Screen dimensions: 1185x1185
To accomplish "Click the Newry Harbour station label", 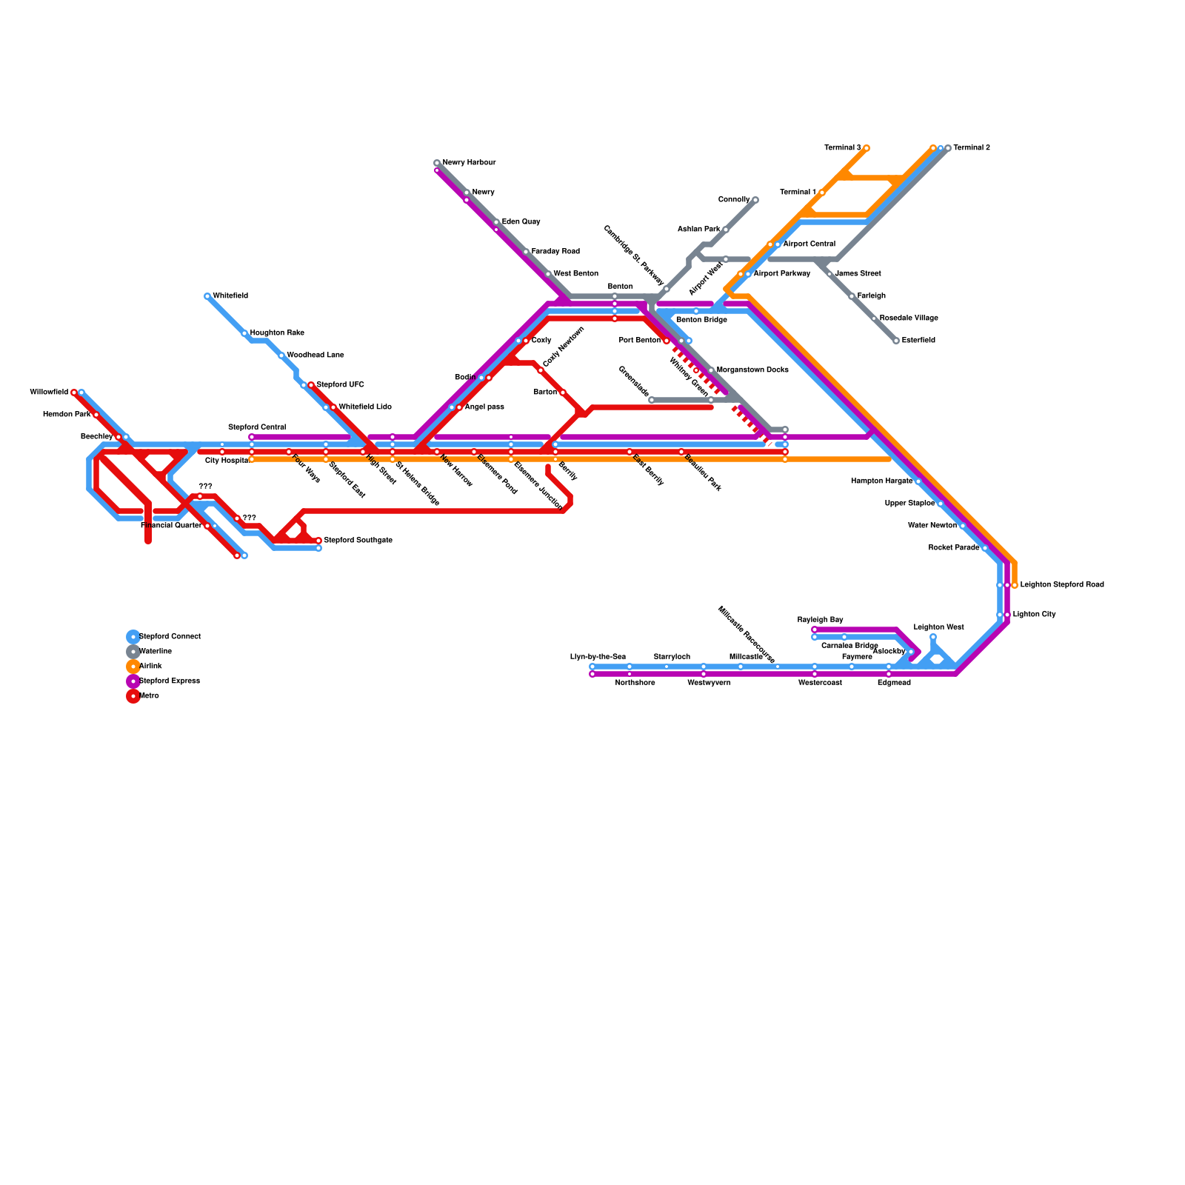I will pos(469,163).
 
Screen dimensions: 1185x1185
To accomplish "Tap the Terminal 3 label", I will pos(842,148).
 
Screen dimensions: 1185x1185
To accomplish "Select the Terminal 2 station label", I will pos(971,148).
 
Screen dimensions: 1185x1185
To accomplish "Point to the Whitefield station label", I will pos(230,296).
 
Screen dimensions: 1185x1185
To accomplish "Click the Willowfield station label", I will pos(49,393).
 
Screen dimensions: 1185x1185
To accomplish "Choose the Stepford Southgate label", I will pos(358,541).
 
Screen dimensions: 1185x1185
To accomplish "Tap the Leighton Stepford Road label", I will pos(1061,585).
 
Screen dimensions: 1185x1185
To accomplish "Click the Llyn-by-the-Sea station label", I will pos(598,657).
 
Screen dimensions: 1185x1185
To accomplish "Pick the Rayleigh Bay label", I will pos(820,620).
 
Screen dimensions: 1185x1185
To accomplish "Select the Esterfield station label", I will pos(918,341).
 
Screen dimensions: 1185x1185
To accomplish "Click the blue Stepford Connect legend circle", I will pos(133,637).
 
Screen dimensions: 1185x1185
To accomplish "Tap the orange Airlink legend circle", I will pos(133,667).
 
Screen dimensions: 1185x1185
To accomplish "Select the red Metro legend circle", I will pos(133,696).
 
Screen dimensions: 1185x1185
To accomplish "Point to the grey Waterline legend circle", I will pos(133,652).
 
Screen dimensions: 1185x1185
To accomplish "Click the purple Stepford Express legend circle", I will pos(133,681).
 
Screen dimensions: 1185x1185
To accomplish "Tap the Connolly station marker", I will pos(755,200).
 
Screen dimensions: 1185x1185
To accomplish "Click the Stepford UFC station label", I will pos(340,385).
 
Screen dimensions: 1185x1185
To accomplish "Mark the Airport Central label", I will pos(809,244).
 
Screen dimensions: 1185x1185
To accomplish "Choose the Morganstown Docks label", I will pos(752,370).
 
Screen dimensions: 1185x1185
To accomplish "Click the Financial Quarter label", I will pos(170,526).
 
